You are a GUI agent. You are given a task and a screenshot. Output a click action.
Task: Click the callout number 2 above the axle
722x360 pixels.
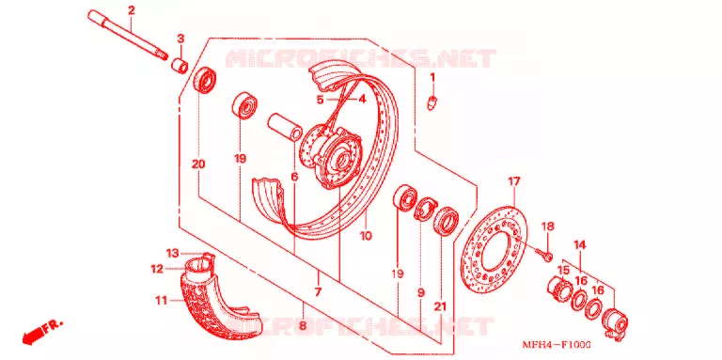(x=132, y=9)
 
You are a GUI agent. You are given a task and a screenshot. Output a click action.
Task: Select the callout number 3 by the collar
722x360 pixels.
(x=180, y=39)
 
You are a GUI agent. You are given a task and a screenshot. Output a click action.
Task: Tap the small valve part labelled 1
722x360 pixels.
(x=432, y=102)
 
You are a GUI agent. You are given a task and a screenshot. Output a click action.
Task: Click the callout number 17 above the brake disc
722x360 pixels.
(x=514, y=181)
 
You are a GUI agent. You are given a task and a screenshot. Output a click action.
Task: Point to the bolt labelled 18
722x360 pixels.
(x=543, y=254)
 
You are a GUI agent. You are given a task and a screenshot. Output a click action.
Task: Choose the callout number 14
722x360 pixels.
(x=580, y=245)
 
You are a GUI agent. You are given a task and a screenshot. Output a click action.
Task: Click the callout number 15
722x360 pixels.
(x=564, y=270)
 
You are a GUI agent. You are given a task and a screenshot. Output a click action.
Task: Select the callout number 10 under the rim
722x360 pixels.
(x=366, y=236)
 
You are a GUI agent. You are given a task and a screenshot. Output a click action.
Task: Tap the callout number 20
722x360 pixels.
(x=199, y=164)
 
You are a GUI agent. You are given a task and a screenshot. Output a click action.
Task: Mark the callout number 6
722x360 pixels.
(x=294, y=177)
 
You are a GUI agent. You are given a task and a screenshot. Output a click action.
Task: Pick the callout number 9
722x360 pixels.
(x=421, y=292)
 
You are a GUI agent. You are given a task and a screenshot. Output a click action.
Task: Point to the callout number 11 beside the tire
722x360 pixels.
(x=161, y=302)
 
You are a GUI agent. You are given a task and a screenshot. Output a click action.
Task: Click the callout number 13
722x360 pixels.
(x=172, y=253)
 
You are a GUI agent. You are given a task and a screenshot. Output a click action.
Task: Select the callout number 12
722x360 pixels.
(x=157, y=269)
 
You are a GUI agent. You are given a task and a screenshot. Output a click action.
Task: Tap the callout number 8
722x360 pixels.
(x=303, y=326)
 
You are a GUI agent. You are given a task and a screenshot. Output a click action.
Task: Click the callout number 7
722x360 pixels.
(x=318, y=292)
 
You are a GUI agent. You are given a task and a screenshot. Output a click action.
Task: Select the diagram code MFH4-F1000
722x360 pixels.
(x=557, y=344)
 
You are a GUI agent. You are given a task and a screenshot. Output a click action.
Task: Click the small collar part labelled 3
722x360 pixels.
(x=180, y=66)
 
